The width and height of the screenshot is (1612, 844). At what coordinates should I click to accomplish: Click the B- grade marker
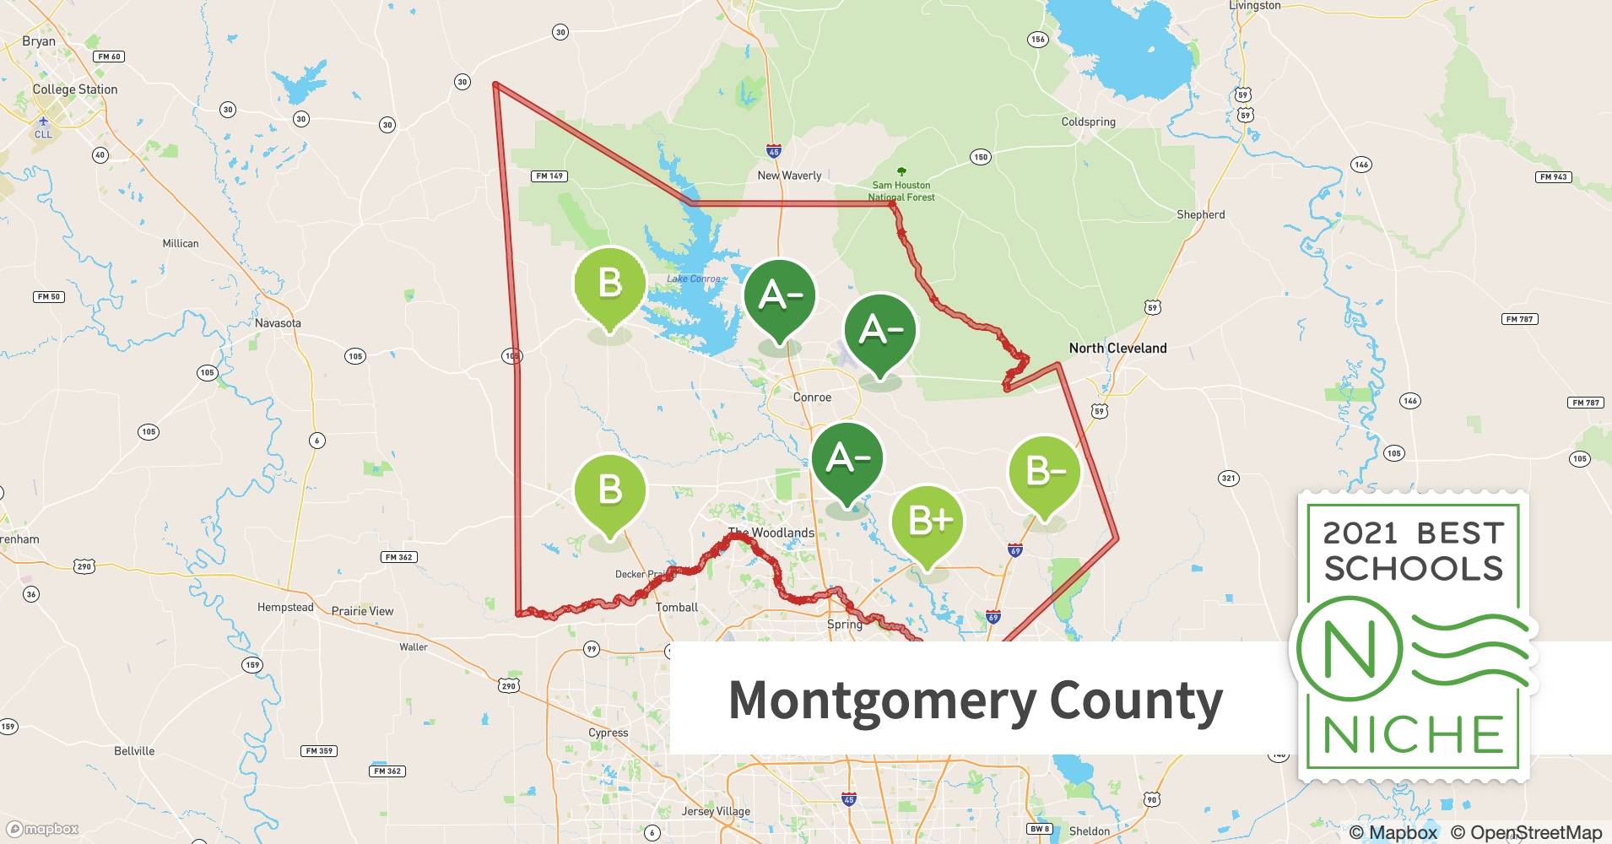(1044, 473)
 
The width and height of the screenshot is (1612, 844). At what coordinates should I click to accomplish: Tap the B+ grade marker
(927, 522)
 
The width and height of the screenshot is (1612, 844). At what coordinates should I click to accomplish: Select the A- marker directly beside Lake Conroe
(779, 297)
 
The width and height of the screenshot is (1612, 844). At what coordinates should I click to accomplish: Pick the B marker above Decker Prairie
(609, 491)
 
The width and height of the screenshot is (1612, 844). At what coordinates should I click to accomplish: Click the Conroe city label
(812, 398)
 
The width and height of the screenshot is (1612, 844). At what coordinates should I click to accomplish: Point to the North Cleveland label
(1117, 348)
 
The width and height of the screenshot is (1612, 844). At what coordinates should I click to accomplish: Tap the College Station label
(75, 89)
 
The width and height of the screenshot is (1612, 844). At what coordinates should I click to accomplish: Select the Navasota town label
(278, 323)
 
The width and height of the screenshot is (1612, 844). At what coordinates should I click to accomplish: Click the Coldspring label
(1088, 122)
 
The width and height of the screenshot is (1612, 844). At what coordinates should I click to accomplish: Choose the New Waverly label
(789, 176)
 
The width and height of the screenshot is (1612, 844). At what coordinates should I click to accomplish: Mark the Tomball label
(677, 608)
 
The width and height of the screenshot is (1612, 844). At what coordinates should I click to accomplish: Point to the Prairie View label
(362, 611)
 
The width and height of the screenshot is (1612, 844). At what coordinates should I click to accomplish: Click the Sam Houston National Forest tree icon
(901, 171)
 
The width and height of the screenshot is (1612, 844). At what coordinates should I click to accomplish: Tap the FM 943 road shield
(1553, 176)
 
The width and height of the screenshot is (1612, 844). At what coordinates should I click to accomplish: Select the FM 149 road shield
(550, 176)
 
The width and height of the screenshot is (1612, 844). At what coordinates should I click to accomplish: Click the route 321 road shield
(1228, 478)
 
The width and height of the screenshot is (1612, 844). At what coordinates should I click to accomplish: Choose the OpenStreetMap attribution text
(1526, 832)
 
